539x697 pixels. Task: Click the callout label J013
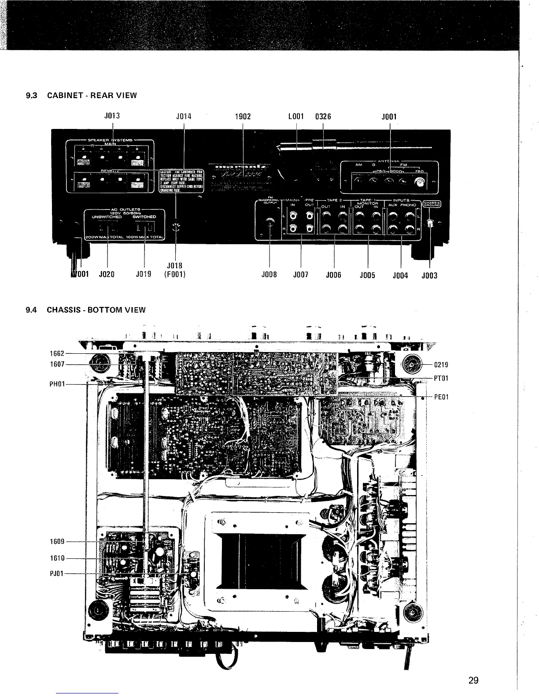coord(112,117)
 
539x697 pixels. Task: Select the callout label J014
coord(184,117)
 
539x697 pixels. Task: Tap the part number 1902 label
coord(243,117)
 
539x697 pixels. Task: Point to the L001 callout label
coord(296,117)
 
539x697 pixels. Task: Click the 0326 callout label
coord(323,117)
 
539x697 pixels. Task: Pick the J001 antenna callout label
coord(389,117)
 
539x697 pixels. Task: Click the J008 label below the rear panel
coord(269,275)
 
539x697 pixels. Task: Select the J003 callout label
coord(429,276)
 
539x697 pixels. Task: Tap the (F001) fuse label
coord(175,275)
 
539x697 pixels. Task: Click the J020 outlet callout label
coord(107,275)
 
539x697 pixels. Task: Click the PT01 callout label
coord(441,378)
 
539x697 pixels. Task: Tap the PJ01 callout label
coord(57,574)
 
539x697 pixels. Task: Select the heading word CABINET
coord(63,95)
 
